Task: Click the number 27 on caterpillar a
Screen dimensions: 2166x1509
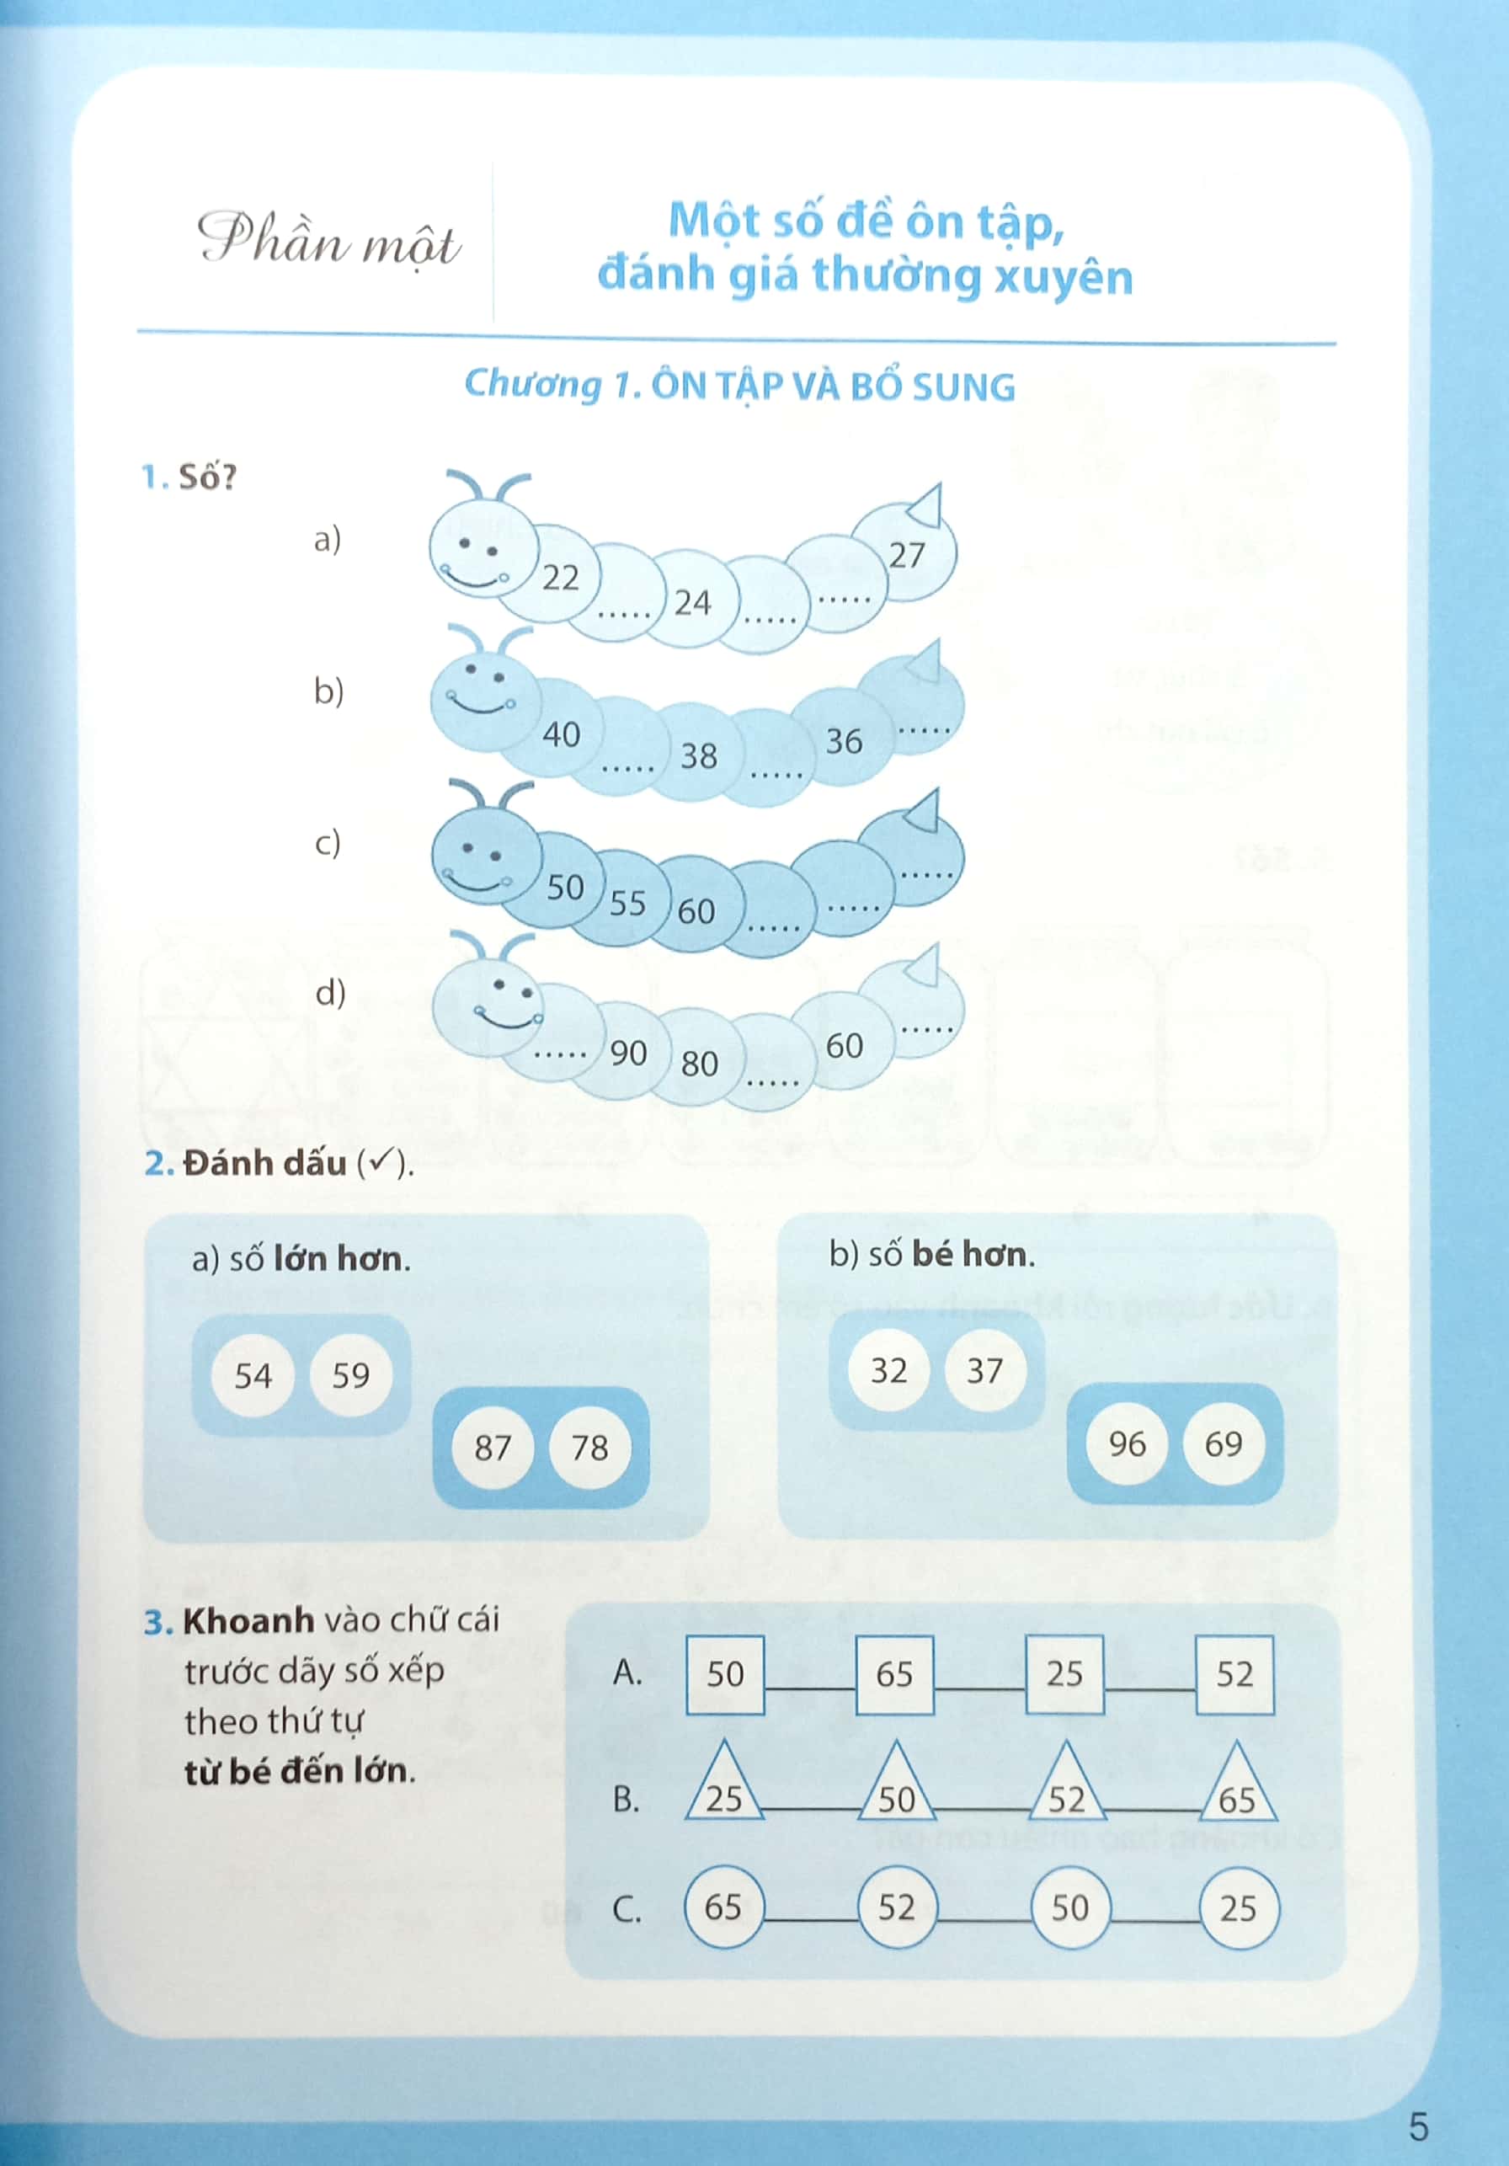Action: tap(907, 556)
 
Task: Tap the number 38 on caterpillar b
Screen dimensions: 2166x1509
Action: tap(699, 755)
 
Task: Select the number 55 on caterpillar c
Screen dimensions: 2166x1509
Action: tap(627, 904)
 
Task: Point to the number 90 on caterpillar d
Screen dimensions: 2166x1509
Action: tap(628, 1053)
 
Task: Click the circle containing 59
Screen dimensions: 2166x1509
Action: tap(351, 1375)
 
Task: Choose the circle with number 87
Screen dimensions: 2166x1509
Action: tap(493, 1447)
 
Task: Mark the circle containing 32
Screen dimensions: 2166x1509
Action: tap(888, 1371)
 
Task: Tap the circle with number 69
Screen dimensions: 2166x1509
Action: tap(1224, 1443)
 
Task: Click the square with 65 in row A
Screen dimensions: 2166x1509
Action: tap(894, 1674)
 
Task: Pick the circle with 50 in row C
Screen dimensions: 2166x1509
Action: tap(1070, 1907)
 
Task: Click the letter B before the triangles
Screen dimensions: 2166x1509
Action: tap(626, 1799)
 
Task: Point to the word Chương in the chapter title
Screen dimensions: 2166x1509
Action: tap(533, 385)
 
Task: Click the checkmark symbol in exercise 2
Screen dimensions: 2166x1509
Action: tap(380, 1163)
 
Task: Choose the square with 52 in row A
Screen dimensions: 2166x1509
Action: tap(1234, 1674)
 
